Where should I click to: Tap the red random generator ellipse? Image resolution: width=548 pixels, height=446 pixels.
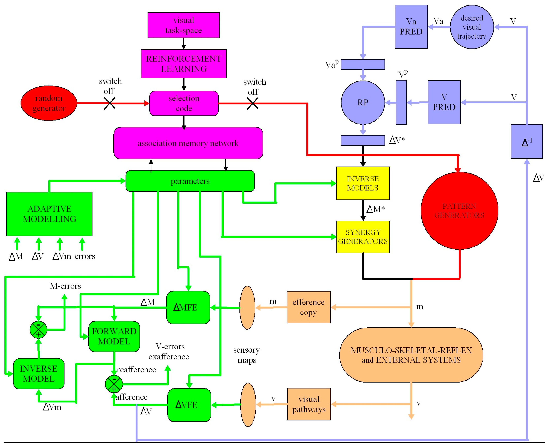pyautogui.click(x=49, y=103)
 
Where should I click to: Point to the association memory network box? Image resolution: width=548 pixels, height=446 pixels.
pyautogui.click(x=188, y=143)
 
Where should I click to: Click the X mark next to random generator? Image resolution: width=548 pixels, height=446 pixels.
pyautogui.click(x=110, y=103)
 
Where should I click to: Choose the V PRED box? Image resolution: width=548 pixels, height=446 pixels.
pyautogui.click(x=444, y=102)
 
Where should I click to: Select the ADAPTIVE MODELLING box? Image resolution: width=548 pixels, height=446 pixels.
pyautogui.click(x=49, y=214)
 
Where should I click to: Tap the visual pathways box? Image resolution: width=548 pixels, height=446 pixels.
pyautogui.click(x=309, y=404)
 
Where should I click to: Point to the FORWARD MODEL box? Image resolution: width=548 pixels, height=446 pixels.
pyautogui.click(x=114, y=336)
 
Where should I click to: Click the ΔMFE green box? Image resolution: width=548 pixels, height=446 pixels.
pyautogui.click(x=188, y=307)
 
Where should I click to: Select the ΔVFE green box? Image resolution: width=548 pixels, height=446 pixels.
pyautogui.click(x=189, y=405)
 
